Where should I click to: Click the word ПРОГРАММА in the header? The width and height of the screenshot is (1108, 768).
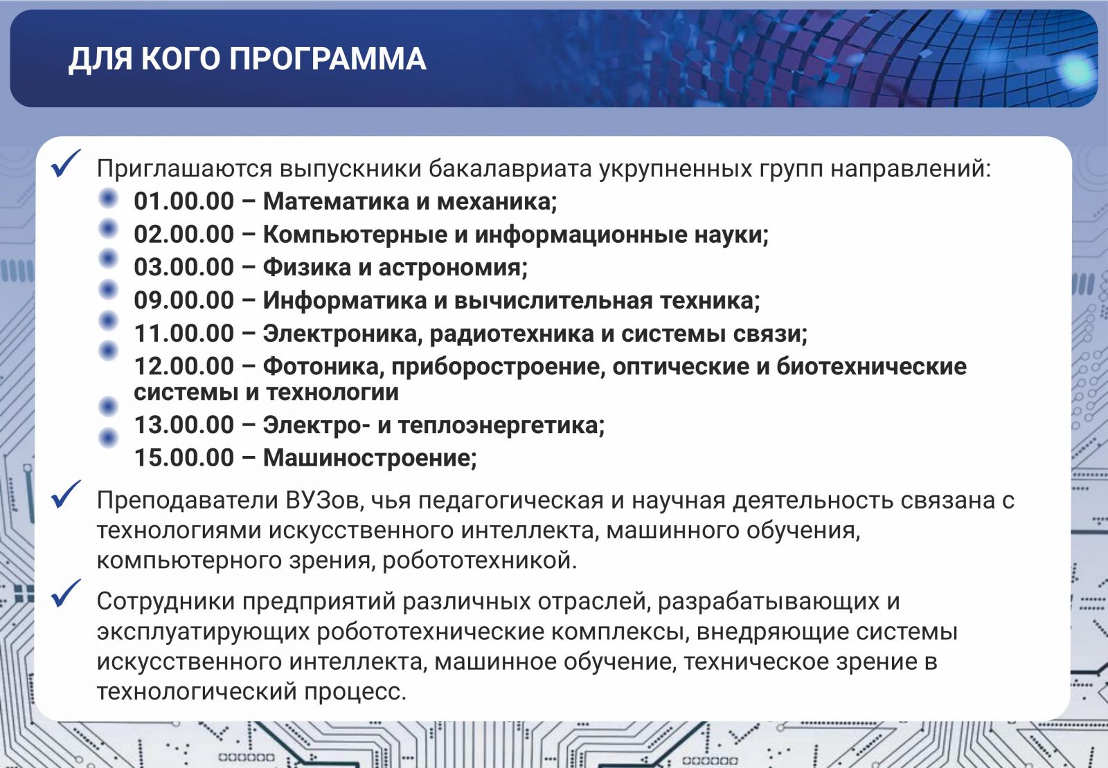(x=328, y=59)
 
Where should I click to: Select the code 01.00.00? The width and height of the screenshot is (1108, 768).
(x=184, y=201)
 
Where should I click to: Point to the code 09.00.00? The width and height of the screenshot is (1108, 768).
(x=184, y=300)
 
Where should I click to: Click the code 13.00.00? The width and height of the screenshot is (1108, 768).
(x=184, y=425)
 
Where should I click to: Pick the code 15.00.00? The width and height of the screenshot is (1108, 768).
(x=184, y=457)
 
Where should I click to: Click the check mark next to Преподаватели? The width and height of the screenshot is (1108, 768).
(x=65, y=494)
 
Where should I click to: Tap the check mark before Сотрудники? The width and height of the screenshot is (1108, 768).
(x=65, y=594)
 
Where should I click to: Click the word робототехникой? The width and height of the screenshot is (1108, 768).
(x=479, y=560)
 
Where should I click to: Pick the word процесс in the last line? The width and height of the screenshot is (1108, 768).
(x=355, y=691)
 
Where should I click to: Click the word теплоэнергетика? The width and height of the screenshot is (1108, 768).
(x=501, y=425)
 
